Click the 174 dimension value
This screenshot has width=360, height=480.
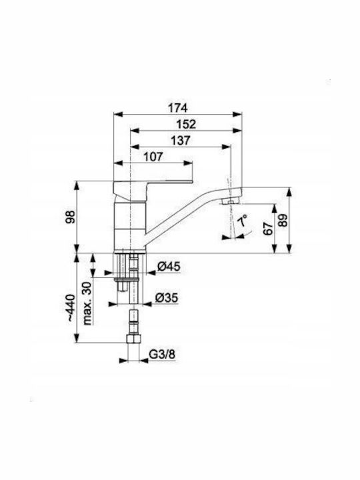point(177,108)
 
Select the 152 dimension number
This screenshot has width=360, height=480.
point(186,124)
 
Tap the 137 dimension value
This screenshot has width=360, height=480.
point(180,140)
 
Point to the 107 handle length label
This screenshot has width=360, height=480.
point(153,157)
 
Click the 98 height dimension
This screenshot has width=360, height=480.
point(71,217)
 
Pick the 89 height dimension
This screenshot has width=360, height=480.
point(283,219)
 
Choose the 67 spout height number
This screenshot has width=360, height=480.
point(268,228)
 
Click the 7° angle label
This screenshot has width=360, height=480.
point(243,221)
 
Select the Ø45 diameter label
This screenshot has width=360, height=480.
point(169,267)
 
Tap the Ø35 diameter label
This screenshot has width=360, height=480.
point(166,298)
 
